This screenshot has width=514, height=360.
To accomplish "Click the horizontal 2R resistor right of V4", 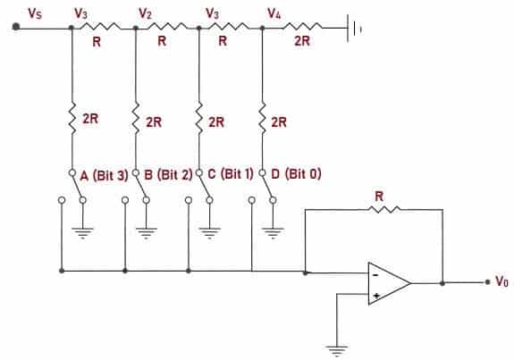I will coord(303,28).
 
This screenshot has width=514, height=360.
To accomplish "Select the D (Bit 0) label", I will coord(294,174).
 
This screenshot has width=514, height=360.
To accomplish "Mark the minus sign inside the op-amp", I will coord(376,274).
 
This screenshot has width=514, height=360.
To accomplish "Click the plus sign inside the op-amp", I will coord(376,294).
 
